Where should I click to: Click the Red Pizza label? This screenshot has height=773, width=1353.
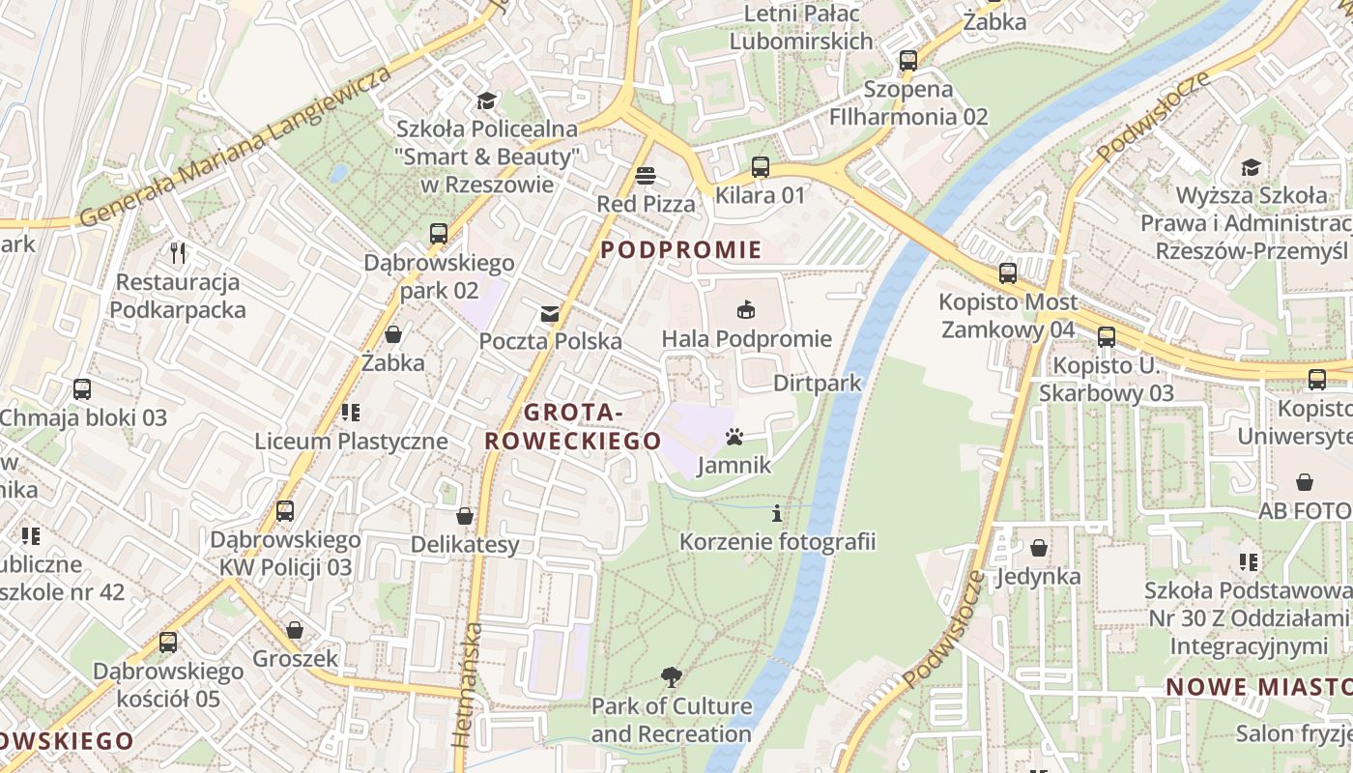click(x=646, y=204)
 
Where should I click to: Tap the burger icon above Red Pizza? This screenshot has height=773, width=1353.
click(x=646, y=176)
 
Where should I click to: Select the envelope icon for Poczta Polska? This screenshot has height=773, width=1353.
click(x=550, y=313)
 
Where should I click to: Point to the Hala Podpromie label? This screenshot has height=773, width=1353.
click(x=746, y=338)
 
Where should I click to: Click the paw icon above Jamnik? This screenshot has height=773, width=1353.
click(x=734, y=438)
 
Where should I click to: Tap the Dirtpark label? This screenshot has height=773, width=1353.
click(x=817, y=384)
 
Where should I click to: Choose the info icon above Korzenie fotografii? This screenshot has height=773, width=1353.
click(x=777, y=513)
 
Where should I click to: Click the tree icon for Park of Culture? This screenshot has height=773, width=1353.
click(x=671, y=677)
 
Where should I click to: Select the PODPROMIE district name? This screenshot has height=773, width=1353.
click(x=680, y=250)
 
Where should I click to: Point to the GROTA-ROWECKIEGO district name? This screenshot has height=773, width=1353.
click(x=572, y=427)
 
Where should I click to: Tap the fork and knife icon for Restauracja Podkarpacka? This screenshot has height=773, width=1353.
click(x=178, y=254)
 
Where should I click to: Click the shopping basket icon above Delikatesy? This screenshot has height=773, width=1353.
click(x=465, y=516)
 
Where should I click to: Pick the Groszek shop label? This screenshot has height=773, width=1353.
click(x=296, y=659)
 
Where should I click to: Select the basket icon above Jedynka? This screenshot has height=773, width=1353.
click(x=1038, y=548)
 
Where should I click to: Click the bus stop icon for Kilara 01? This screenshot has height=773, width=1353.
click(x=761, y=167)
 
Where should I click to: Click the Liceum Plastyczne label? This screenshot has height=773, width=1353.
click(x=351, y=442)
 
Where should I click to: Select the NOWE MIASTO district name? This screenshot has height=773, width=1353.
click(x=1257, y=687)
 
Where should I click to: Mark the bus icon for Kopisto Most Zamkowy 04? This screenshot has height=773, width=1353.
click(x=1008, y=273)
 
